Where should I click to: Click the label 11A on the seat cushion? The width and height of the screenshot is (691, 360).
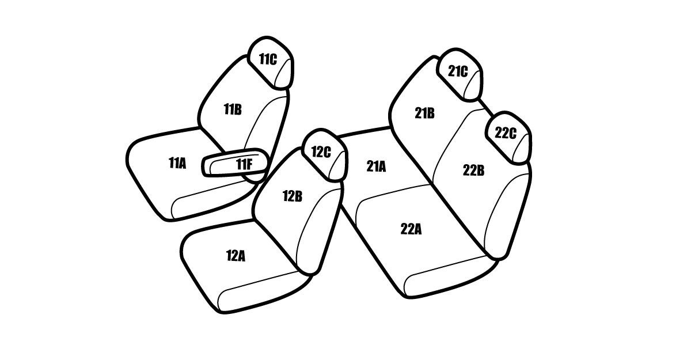177,163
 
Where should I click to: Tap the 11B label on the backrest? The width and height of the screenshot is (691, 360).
233,109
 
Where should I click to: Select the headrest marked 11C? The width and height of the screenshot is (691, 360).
270,63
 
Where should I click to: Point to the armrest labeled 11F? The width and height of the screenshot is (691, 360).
235,162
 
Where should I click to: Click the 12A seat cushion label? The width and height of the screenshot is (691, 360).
236,256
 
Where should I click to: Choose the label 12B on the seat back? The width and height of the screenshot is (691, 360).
293,196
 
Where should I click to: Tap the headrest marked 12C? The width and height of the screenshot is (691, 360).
325,155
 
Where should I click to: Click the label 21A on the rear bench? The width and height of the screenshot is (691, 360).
376,166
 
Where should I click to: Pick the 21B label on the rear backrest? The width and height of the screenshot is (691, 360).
424,113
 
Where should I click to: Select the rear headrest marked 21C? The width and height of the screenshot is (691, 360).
460,75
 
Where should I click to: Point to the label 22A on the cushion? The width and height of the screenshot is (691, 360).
411,229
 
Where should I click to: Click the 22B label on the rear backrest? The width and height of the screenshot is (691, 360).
473,170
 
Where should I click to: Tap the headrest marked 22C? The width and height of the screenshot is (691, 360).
508,137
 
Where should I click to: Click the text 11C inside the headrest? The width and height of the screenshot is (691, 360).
268,59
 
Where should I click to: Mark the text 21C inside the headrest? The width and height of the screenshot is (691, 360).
458,71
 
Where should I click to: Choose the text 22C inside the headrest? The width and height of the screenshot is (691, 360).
506,133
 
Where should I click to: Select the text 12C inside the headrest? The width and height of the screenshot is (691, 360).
321,151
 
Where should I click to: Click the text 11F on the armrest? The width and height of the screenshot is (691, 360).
244,164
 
